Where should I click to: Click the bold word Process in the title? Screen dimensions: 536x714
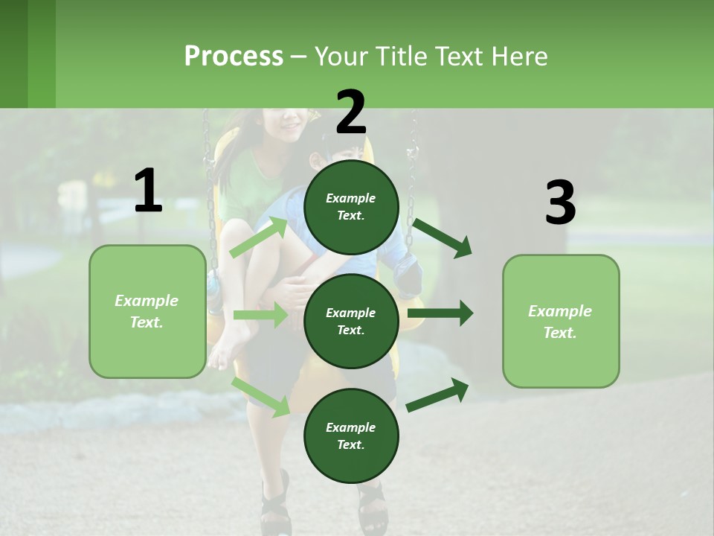[x=234, y=56]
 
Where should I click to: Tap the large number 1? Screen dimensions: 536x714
[x=148, y=191]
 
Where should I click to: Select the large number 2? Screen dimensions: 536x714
[x=351, y=112]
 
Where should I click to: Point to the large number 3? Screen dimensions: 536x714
[x=560, y=203]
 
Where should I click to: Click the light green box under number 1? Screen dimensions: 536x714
[x=147, y=311]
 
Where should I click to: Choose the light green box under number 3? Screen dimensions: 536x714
[x=561, y=321]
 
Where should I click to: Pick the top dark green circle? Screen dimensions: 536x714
[x=351, y=207]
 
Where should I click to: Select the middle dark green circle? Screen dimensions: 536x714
[x=351, y=321]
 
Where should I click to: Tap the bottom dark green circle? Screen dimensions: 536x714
[x=351, y=435]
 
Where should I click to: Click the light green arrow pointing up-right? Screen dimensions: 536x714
[x=259, y=237]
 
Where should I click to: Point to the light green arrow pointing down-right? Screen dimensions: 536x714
[x=261, y=396]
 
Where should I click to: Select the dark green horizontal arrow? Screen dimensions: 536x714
[x=440, y=313]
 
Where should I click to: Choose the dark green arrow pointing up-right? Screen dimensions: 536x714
[x=437, y=395]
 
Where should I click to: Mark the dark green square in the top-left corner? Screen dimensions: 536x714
[x=14, y=54]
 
